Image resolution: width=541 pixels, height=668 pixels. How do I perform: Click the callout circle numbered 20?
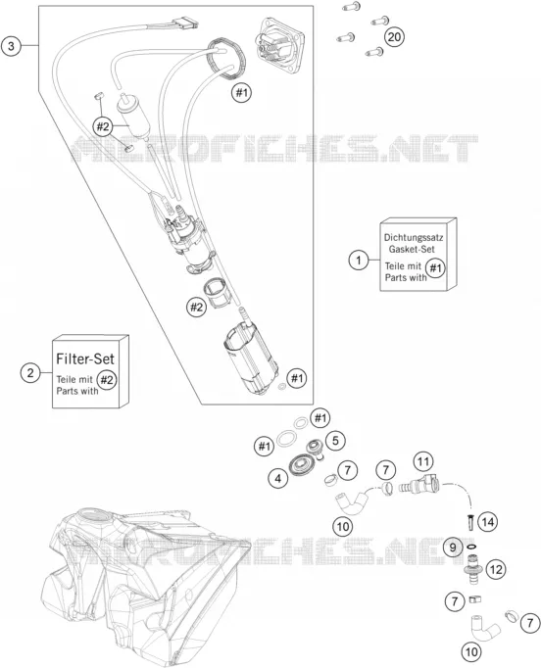(x=394, y=37)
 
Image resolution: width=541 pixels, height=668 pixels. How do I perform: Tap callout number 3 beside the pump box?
(x=11, y=46)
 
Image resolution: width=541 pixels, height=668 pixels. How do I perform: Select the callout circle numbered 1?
(x=359, y=260)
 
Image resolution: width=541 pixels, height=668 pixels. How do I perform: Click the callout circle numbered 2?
(x=30, y=373)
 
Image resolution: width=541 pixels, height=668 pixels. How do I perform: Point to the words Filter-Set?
(x=85, y=358)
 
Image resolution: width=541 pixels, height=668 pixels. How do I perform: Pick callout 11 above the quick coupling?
(x=423, y=461)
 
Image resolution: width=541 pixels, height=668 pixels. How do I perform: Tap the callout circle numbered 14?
(x=488, y=522)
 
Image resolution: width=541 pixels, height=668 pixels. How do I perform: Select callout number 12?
(x=496, y=570)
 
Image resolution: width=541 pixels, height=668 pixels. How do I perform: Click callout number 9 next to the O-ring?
(x=453, y=548)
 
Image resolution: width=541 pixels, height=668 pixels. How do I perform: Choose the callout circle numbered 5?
(x=335, y=441)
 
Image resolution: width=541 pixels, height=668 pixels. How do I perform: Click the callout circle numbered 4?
(x=278, y=479)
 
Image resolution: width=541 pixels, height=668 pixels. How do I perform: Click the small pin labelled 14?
(x=470, y=523)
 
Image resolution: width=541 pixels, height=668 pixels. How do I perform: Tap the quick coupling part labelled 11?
(x=419, y=485)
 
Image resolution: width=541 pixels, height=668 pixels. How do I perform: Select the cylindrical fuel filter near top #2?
(x=133, y=116)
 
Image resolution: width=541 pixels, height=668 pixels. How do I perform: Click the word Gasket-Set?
(x=412, y=249)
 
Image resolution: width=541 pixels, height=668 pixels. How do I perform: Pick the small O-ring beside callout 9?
(x=471, y=547)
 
